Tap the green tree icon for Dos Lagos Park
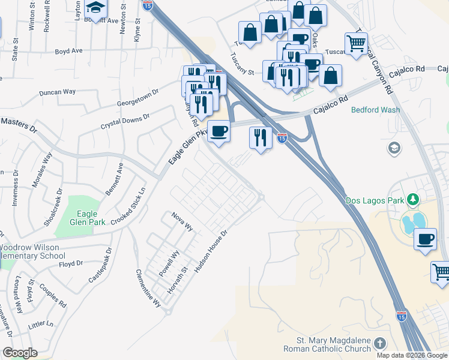(412, 199)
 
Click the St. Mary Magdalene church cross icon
(379, 344)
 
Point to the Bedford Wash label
(375, 110)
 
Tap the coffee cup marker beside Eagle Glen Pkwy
(218, 131)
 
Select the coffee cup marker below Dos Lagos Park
(426, 239)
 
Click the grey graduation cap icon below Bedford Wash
(394, 148)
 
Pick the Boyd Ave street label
(68, 51)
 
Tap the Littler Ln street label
(41, 325)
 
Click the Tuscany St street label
(243, 65)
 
